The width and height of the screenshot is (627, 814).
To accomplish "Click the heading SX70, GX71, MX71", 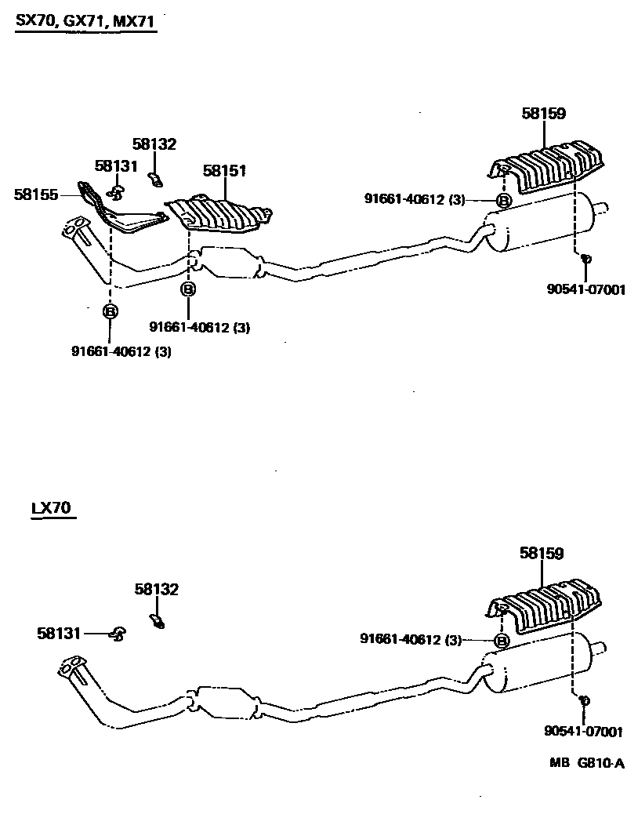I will [85, 23].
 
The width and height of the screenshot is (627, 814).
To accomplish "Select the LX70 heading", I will [52, 508].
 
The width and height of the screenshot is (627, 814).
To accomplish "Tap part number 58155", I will [36, 194].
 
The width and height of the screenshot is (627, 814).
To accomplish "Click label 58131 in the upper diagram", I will [116, 165].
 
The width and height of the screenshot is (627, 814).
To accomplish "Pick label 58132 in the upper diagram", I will [154, 144].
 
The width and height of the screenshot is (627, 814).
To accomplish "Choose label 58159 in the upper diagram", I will [543, 114].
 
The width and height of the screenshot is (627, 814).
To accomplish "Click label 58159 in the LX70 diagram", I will [542, 554].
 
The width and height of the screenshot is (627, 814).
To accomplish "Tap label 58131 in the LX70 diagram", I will [59, 633].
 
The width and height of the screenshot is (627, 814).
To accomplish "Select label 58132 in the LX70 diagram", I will [156, 590].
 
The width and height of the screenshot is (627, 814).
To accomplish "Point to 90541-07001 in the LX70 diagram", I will [583, 732].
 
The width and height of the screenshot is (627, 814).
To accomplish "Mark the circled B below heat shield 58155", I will [111, 312].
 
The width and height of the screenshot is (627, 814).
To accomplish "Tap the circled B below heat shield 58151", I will [188, 289].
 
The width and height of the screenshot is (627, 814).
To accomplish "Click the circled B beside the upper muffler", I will [504, 201].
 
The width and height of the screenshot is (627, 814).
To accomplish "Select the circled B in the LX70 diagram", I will [501, 641].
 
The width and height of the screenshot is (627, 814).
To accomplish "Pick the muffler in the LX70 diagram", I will [541, 667].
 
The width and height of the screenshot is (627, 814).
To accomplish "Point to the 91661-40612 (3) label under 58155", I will [121, 351].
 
